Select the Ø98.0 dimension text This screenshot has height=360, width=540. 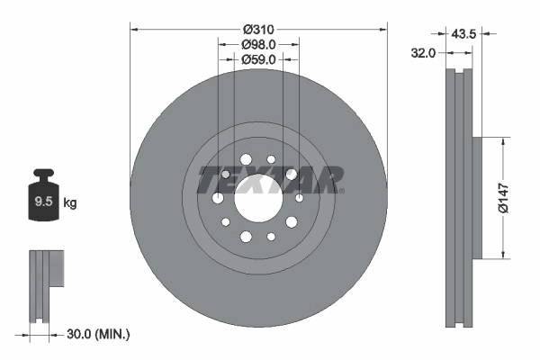[x=259, y=43]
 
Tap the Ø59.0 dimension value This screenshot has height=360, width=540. [x=259, y=59]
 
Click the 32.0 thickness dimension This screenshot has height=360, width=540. [x=423, y=53]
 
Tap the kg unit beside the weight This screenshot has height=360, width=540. [x=69, y=203]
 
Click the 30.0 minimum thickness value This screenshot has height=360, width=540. [x=82, y=334]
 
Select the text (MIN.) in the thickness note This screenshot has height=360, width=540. [x=115, y=334]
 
